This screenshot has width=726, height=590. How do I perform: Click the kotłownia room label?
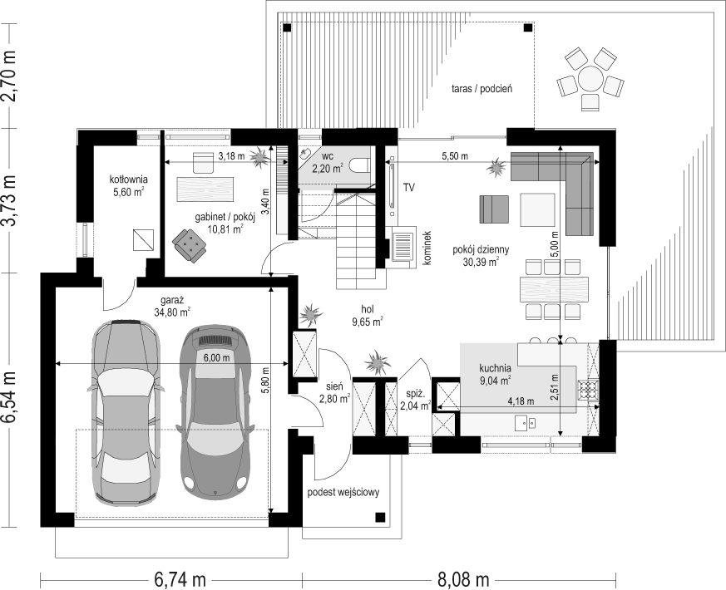(x=128, y=179)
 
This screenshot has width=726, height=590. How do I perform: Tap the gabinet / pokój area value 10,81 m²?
(x=225, y=229)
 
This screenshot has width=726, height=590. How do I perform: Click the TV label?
(x=408, y=188)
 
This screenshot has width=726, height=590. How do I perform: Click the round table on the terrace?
(x=590, y=79)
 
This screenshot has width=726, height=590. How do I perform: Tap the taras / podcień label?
(x=482, y=88)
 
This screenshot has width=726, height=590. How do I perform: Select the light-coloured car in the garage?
(x=126, y=412)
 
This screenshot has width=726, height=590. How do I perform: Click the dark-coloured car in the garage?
(x=215, y=411)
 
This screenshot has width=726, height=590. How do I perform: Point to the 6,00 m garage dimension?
(x=217, y=357)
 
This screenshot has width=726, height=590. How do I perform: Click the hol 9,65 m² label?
(x=367, y=317)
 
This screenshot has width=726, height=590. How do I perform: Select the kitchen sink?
(x=526, y=422)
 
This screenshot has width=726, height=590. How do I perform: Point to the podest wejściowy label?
(x=343, y=492)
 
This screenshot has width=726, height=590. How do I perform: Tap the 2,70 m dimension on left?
(x=10, y=76)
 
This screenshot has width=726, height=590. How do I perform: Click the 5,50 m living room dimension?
(x=455, y=156)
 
